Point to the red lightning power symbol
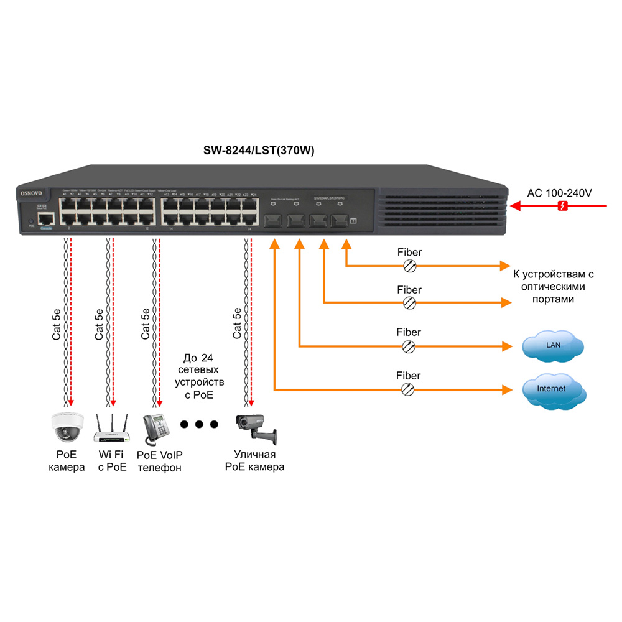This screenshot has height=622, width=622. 562,207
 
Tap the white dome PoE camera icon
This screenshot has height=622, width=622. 67,426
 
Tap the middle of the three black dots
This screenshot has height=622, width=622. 199,425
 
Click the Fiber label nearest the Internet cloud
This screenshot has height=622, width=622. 409,376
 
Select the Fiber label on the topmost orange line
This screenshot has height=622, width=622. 409,253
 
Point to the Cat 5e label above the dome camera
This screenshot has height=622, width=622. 56,323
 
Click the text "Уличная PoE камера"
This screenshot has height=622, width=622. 254,461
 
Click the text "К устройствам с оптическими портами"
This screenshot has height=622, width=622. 550,287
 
